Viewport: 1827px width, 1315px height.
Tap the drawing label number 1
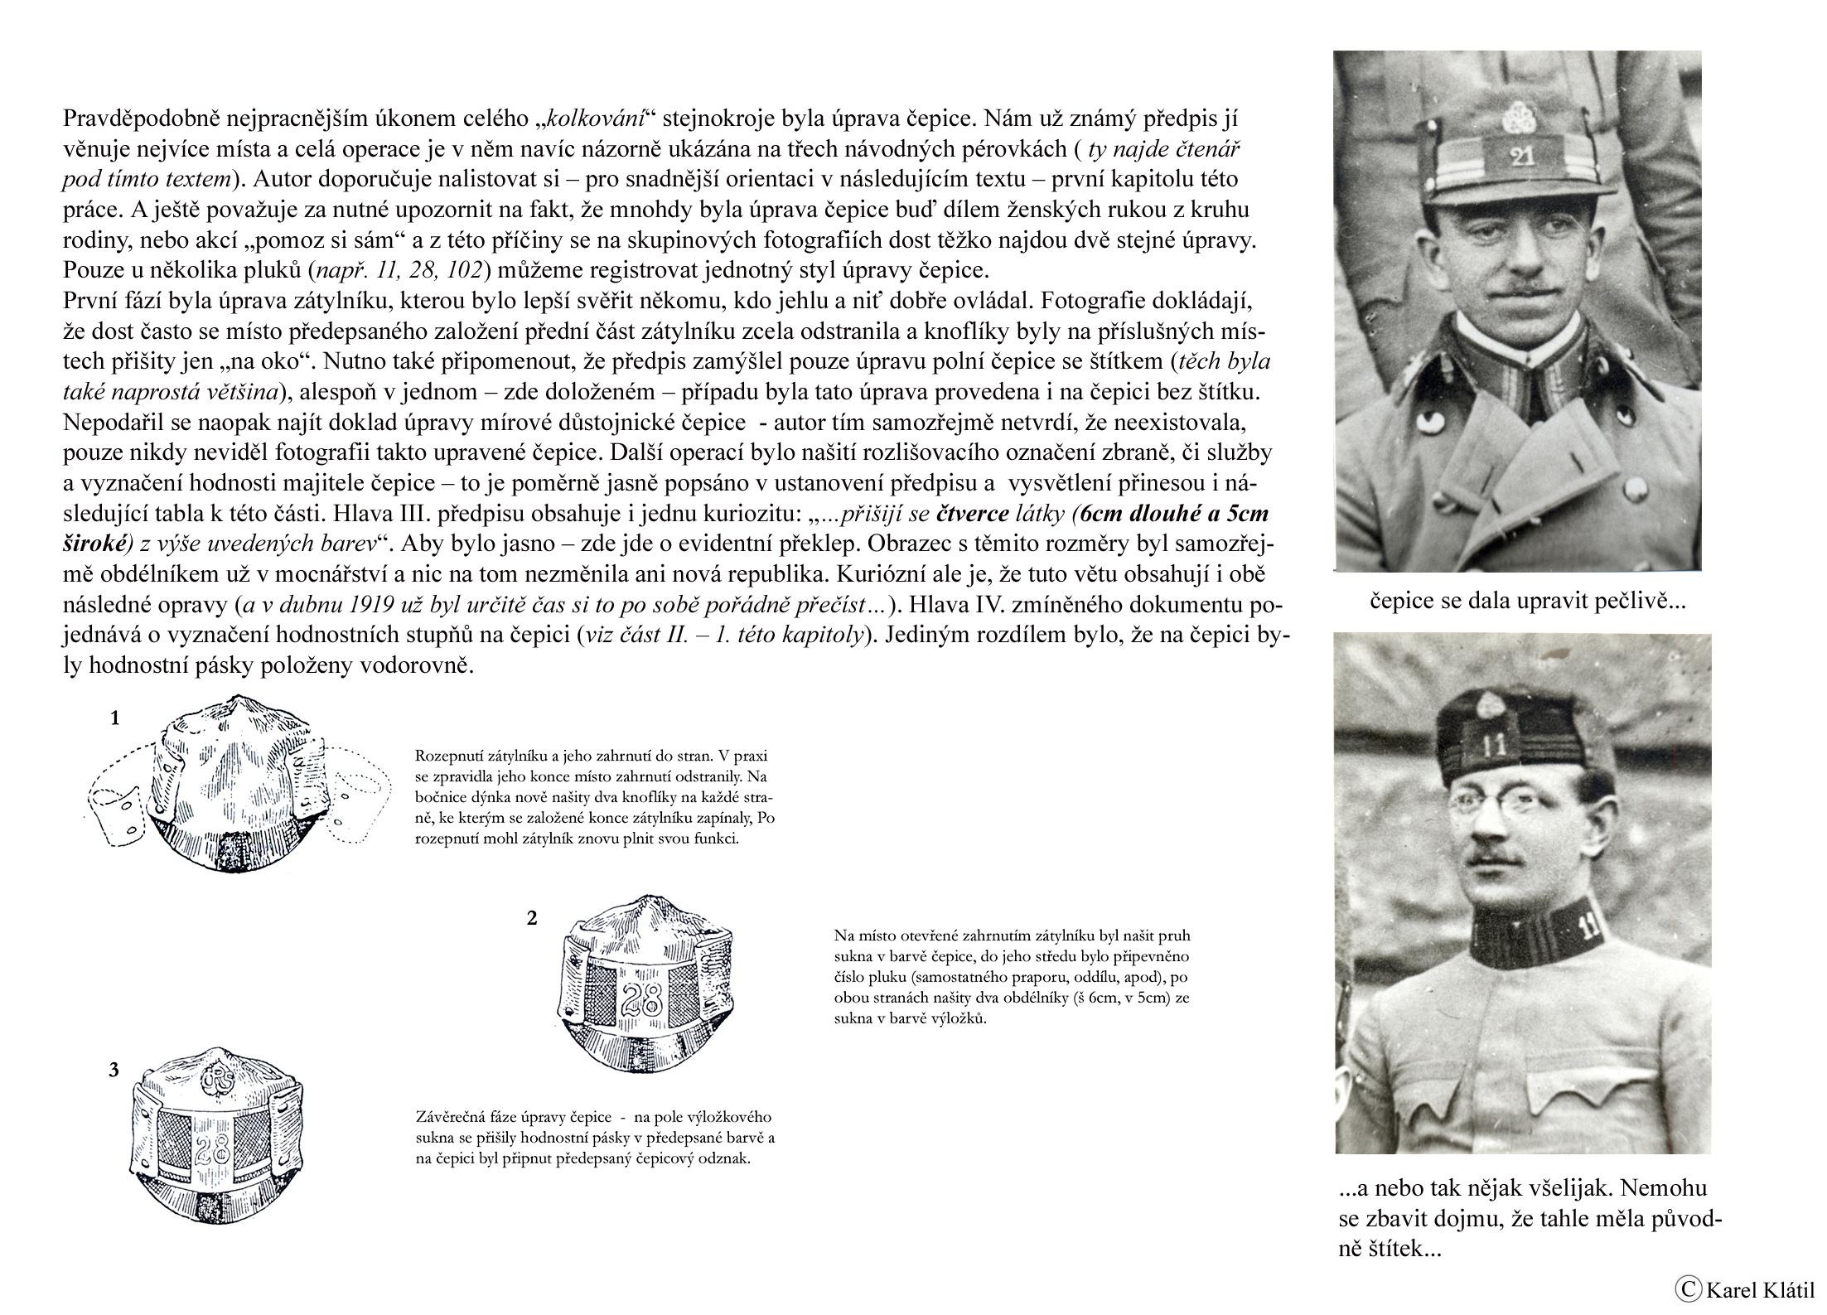(116, 718)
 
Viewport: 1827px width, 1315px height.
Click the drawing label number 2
(532, 917)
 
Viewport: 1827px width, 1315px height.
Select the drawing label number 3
(114, 1070)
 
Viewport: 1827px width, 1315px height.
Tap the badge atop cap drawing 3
(220, 1080)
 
